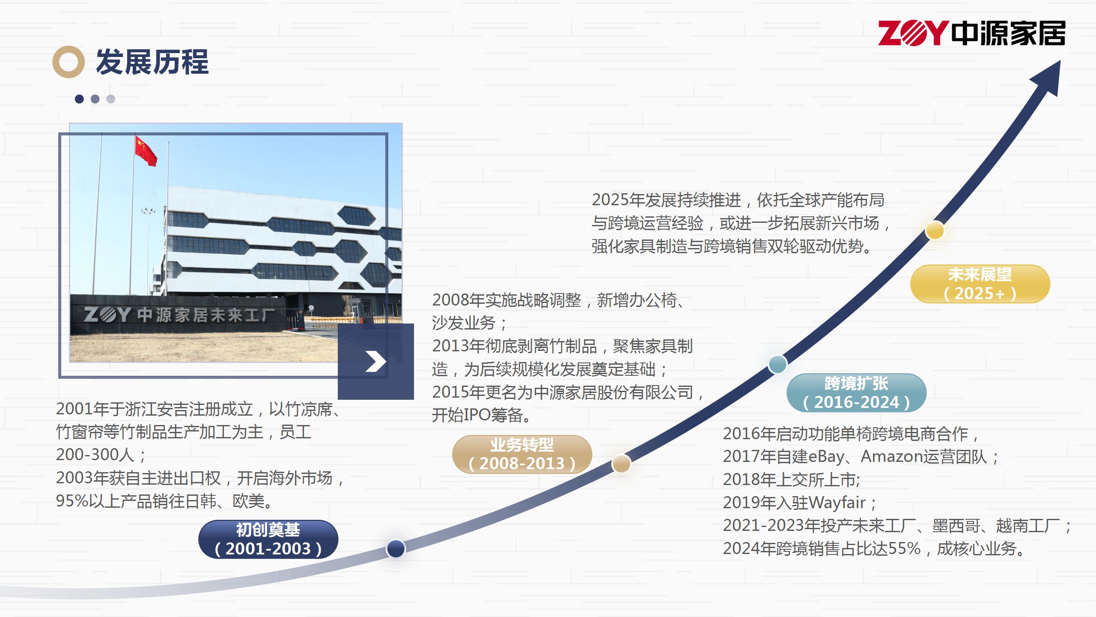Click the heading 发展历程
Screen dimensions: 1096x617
coord(152,62)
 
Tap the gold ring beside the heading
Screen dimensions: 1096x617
coord(68,62)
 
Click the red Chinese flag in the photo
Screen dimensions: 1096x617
coord(146,150)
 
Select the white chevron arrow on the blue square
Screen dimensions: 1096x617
coord(376,362)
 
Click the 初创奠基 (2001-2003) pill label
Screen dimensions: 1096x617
coord(268,539)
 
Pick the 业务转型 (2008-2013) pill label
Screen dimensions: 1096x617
coord(522,454)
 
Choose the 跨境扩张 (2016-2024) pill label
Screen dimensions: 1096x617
coord(856,392)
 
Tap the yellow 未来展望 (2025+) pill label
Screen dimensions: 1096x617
coord(980,284)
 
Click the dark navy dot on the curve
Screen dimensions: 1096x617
coord(396,548)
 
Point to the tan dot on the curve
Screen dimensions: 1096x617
coord(621,463)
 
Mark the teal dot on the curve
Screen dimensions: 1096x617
coord(777,364)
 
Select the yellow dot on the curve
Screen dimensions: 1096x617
coord(935,231)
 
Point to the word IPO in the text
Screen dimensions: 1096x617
coord(477,415)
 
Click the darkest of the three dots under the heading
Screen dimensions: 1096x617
coord(79,99)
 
